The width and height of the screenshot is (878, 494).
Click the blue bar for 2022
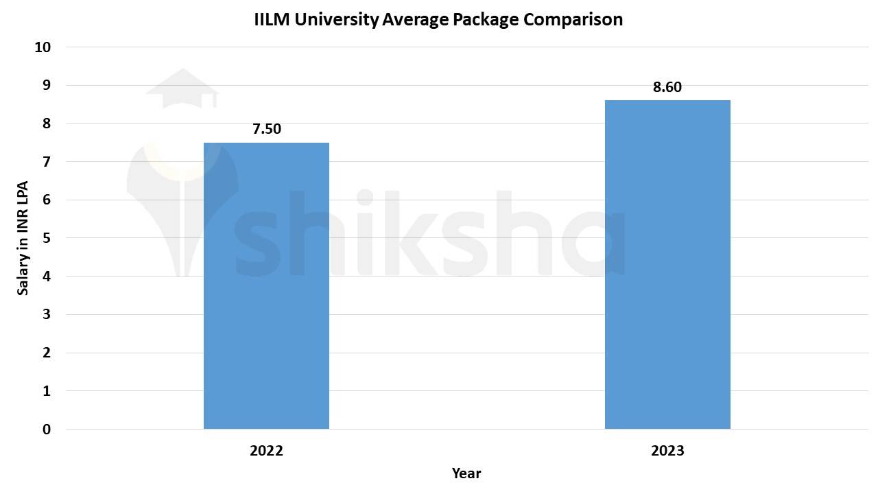point(266,285)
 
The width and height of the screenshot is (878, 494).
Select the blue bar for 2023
point(667,264)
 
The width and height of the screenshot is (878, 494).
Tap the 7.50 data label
point(267,129)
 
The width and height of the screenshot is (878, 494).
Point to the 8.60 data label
point(667,87)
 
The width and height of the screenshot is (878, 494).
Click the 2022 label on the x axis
point(266,451)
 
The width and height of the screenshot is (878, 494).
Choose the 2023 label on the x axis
point(667,451)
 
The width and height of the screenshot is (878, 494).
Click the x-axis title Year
point(466,473)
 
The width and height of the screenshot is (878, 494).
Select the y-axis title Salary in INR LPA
point(23,238)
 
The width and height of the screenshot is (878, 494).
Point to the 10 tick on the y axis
point(43,47)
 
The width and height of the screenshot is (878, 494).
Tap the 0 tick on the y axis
point(47,430)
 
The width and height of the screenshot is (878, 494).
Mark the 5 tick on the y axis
point(47,238)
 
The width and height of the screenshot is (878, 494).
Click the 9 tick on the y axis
point(47,86)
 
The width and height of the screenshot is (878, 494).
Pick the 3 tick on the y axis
point(47,315)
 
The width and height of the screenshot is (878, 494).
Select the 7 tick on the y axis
point(47,162)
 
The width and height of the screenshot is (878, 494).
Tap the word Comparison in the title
point(573,19)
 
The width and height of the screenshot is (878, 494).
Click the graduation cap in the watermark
point(182,89)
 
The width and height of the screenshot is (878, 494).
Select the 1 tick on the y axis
point(47,391)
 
